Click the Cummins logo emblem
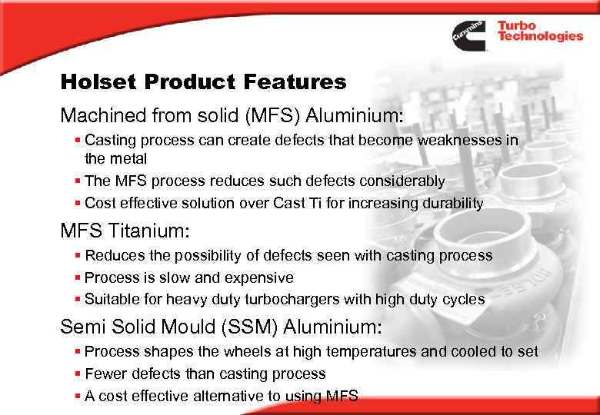pyautogui.click(x=468, y=35)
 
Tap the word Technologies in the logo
pyautogui.click(x=540, y=37)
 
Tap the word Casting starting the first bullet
pyautogui.click(x=108, y=141)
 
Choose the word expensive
pyautogui.click(x=258, y=277)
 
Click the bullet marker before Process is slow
pyautogui.click(x=78, y=277)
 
